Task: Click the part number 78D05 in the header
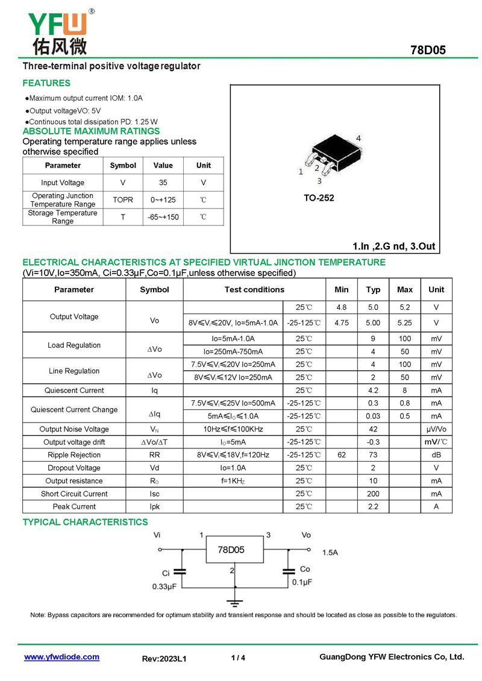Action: (x=428, y=50)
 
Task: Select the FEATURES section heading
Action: (x=46, y=83)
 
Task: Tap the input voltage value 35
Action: (x=163, y=183)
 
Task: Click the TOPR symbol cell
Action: (x=123, y=199)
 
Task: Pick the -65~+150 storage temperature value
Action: (x=163, y=217)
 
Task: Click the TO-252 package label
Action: (x=319, y=198)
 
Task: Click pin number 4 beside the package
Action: (x=358, y=139)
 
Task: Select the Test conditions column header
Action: (x=254, y=289)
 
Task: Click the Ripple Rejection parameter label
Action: (x=74, y=455)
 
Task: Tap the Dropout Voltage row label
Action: (x=74, y=468)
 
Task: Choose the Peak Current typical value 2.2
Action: (x=373, y=507)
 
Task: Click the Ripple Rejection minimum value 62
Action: (x=342, y=455)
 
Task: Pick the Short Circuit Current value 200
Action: (x=373, y=494)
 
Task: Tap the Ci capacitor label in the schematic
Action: (x=166, y=573)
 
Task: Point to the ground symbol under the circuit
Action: (x=236, y=601)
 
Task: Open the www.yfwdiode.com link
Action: (x=61, y=657)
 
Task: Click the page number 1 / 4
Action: (x=238, y=657)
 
